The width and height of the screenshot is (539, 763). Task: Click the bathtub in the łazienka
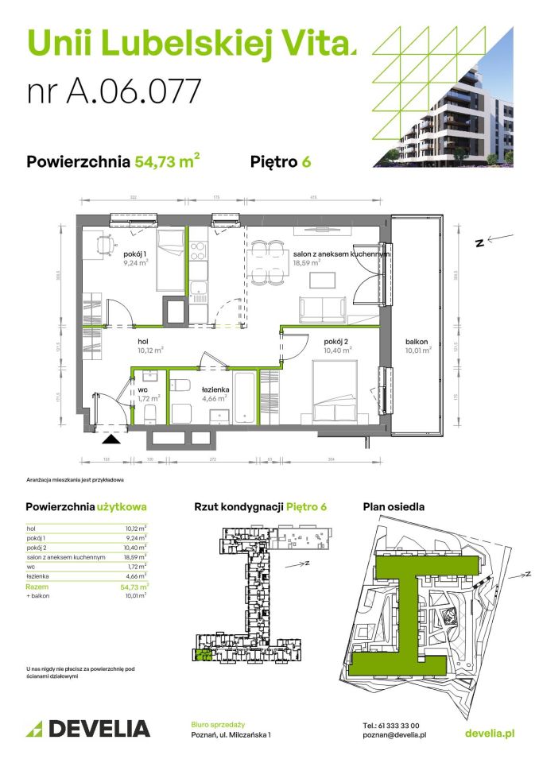click(x=244, y=397)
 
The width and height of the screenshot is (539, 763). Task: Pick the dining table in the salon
click(x=266, y=263)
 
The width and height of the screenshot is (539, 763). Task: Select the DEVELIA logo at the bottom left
click(x=88, y=729)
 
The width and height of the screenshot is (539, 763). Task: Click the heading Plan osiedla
click(x=394, y=506)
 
